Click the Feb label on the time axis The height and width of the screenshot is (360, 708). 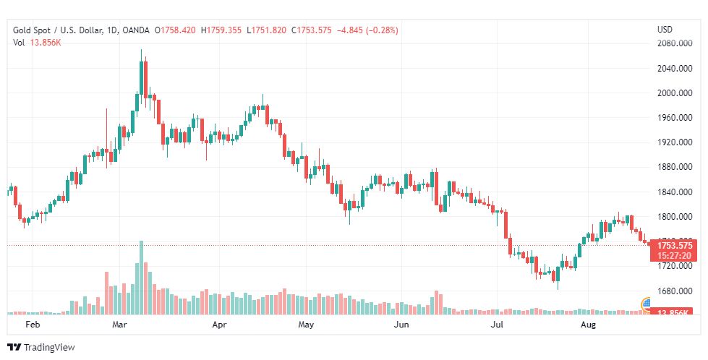pyautogui.click(x=33, y=325)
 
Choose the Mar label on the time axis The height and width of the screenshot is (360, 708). pyautogui.click(x=120, y=325)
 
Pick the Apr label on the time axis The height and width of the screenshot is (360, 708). pyautogui.click(x=220, y=325)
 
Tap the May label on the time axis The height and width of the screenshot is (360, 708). pyautogui.click(x=306, y=325)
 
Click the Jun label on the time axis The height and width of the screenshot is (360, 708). pyautogui.click(x=401, y=325)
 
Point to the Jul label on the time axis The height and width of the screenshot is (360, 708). pyautogui.click(x=497, y=325)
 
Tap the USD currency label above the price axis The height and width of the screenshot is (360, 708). pyautogui.click(x=665, y=30)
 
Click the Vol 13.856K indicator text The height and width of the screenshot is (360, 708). pyautogui.click(x=36, y=43)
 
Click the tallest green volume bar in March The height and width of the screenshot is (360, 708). pyautogui.click(x=141, y=278)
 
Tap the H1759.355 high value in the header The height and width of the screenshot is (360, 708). pyautogui.click(x=223, y=30)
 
